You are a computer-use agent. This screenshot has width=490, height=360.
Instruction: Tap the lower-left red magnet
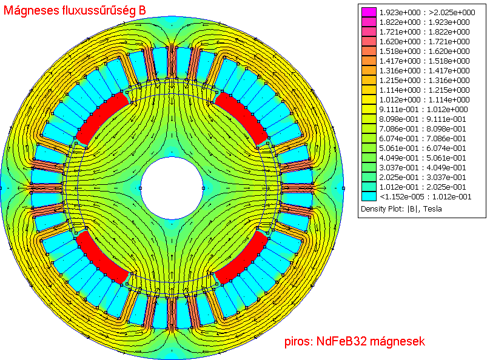pyautogui.click(x=101, y=258)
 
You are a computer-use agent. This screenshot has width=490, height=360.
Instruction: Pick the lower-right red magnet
pyautogui.click(x=242, y=258)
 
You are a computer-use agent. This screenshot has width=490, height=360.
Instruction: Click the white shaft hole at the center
pyautogui.click(x=172, y=188)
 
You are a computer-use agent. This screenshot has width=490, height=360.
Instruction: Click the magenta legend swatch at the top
pyautogui.click(x=369, y=12)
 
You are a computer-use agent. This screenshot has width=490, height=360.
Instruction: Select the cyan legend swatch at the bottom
pyautogui.click(x=369, y=196)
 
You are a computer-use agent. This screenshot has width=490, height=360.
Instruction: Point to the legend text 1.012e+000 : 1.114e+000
pyautogui.click(x=425, y=99)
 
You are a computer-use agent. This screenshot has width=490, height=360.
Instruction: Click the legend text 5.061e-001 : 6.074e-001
pyautogui.click(x=423, y=148)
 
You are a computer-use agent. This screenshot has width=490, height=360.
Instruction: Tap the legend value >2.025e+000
pyautogui.click(x=452, y=13)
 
